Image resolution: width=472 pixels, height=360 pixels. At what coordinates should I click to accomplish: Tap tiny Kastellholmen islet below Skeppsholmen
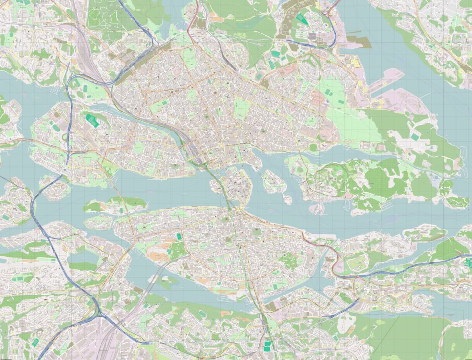point(287,199)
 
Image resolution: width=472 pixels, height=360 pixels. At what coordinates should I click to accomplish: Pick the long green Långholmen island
point(116,203)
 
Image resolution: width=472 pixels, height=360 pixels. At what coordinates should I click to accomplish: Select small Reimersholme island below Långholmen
point(99,222)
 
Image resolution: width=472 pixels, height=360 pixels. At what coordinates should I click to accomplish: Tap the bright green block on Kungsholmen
point(92,120)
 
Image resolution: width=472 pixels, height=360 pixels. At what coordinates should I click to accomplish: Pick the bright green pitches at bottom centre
point(267,346)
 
